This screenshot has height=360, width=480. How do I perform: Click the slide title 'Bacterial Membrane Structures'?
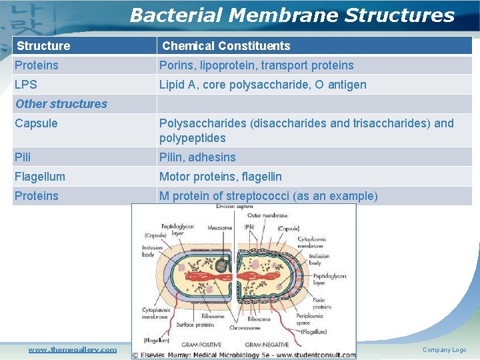pyautogui.click(x=292, y=15)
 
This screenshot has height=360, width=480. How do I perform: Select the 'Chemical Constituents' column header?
pyautogui.click(x=226, y=46)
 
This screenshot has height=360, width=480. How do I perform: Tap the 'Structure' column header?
pyautogui.click(x=43, y=46)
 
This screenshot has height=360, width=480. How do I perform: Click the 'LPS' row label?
pyautogui.click(x=26, y=85)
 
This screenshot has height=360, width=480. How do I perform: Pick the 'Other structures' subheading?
pyautogui.click(x=61, y=104)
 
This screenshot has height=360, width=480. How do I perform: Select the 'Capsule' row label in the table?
pyautogui.click(x=36, y=123)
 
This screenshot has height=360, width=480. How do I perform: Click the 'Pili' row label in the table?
pyautogui.click(x=23, y=157)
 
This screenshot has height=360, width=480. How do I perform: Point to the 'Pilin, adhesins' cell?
pyautogui.click(x=197, y=157)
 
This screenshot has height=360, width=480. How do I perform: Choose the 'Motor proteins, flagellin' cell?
pyautogui.click(x=220, y=177)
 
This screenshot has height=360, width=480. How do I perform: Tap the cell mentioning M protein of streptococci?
pyautogui.click(x=268, y=196)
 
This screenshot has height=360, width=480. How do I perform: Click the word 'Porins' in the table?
pyautogui.click(x=175, y=65)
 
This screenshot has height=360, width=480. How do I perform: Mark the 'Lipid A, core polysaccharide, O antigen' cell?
pyautogui.click(x=263, y=85)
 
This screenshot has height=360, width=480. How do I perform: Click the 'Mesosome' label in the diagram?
pyautogui.click(x=219, y=228)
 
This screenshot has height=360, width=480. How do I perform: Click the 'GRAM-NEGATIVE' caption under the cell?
pyautogui.click(x=267, y=344)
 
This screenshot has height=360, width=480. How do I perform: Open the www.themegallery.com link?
pyautogui.click(x=72, y=349)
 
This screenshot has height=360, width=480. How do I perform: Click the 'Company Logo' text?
pyautogui.click(x=444, y=350)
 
